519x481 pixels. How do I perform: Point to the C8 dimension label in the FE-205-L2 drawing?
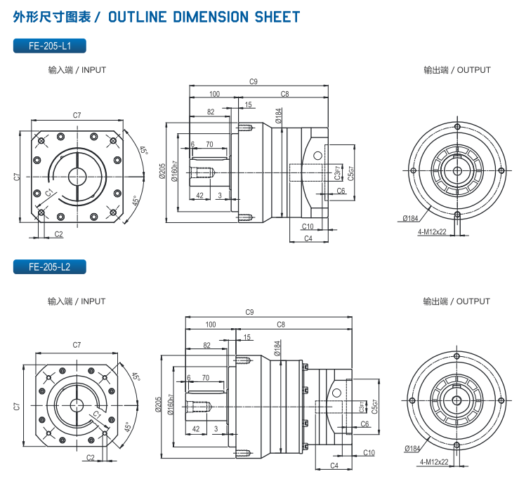click(x=281, y=325)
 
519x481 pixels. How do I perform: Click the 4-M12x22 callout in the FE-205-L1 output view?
click(x=432, y=231)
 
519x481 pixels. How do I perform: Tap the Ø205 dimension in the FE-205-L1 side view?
click(x=162, y=172)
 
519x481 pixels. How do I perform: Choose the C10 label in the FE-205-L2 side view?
click(x=369, y=452)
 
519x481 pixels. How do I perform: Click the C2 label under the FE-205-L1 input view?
click(x=58, y=234)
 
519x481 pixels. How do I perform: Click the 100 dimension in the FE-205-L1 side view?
click(x=214, y=93)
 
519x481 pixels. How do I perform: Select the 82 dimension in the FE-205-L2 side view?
click(x=206, y=346)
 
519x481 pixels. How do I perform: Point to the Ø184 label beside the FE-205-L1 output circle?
click(x=412, y=218)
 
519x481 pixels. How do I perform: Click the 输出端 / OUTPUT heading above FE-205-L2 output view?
click(x=456, y=302)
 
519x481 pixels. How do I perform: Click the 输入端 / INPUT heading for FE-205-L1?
click(x=77, y=70)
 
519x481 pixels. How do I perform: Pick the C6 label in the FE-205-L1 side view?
click(x=341, y=191)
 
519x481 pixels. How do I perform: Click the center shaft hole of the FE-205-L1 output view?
click(x=457, y=170)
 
